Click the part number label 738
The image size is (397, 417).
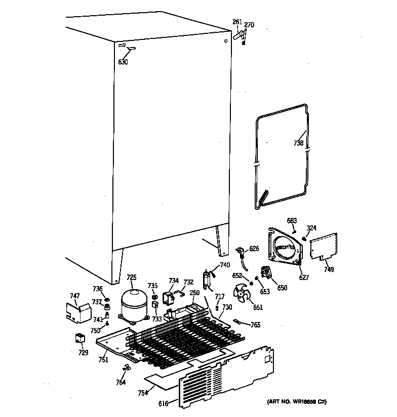298,143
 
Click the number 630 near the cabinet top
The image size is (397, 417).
123,62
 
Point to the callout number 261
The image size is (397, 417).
237,22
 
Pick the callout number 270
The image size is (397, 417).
249,25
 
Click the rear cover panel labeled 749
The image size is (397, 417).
323,247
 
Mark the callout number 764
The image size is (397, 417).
121,383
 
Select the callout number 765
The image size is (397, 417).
256,325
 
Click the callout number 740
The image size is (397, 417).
225,265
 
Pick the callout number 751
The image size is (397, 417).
103,359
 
